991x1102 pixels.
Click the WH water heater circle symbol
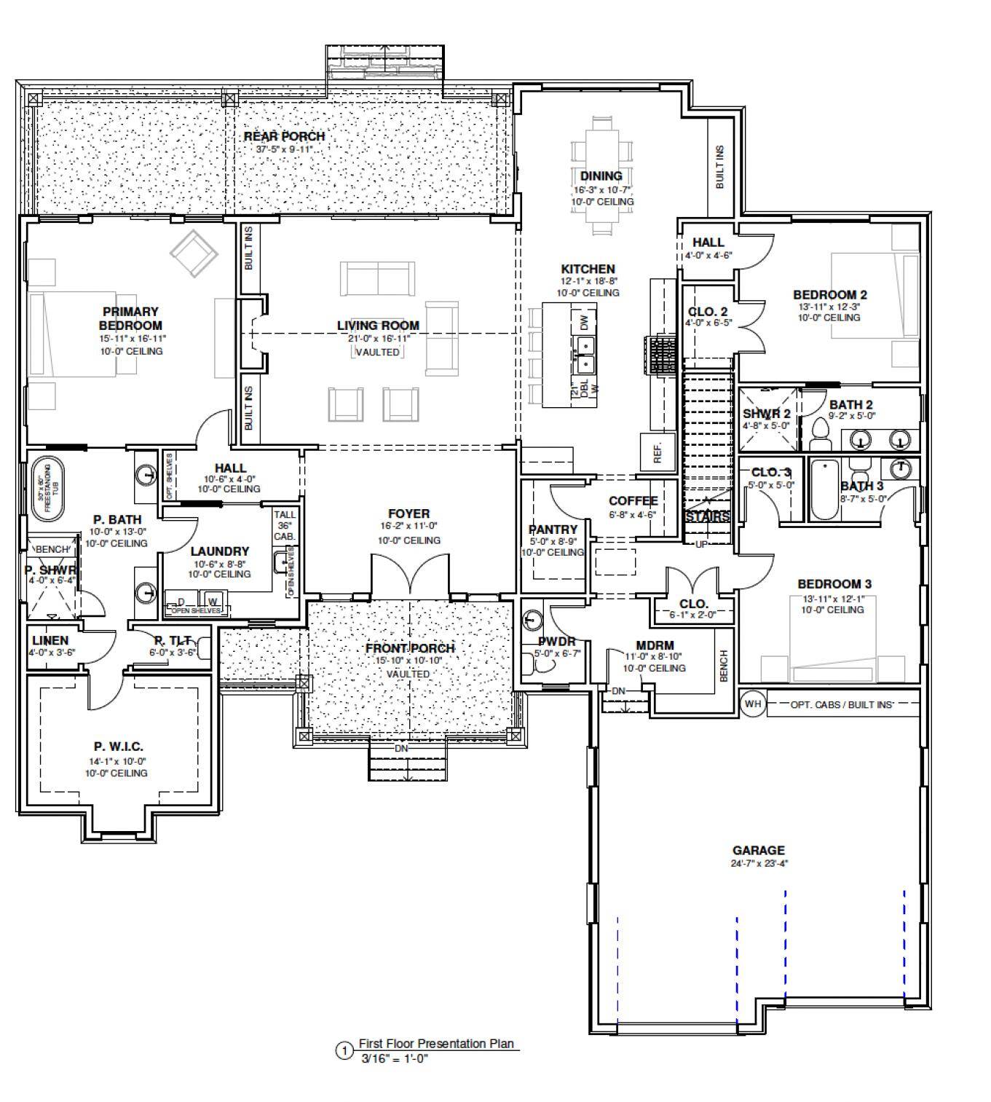(x=753, y=704)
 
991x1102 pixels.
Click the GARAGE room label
(x=758, y=850)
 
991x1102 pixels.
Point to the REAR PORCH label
(x=284, y=136)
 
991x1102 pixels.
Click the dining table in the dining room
(x=601, y=175)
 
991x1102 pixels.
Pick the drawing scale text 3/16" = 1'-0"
(x=395, y=1058)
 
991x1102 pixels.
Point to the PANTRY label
(x=553, y=530)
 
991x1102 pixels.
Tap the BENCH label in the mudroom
(x=724, y=665)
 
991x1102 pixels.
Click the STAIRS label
(x=708, y=516)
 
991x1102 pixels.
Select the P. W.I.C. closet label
(x=118, y=747)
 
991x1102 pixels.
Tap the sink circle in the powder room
(x=532, y=619)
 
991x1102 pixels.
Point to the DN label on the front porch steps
(x=401, y=749)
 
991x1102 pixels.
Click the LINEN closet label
(x=50, y=640)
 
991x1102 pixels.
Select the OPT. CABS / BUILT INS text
(x=842, y=704)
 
